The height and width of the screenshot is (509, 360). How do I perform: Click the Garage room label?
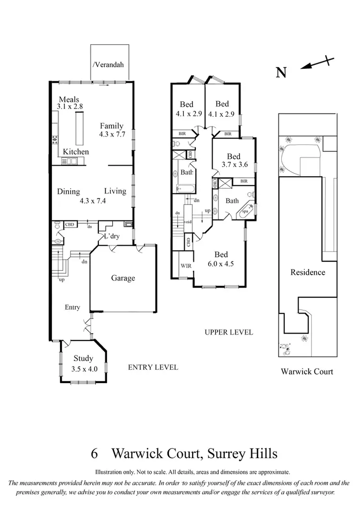click(x=123, y=278)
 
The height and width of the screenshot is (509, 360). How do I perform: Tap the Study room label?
click(x=83, y=358)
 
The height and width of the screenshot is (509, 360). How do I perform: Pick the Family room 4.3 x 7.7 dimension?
click(x=111, y=135)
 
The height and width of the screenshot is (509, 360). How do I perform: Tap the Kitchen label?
click(x=76, y=152)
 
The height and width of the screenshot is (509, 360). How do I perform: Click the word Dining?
click(x=69, y=192)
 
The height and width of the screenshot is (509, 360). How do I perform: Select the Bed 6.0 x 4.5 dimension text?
click(x=221, y=263)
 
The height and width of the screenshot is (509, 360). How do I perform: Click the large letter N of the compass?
click(x=282, y=73)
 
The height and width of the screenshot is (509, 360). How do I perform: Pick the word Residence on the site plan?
click(x=308, y=272)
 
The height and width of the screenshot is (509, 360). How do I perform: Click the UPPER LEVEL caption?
click(x=228, y=332)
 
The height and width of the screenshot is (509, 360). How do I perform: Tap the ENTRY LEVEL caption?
click(x=153, y=367)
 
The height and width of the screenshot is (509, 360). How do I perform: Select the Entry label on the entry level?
click(x=73, y=307)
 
